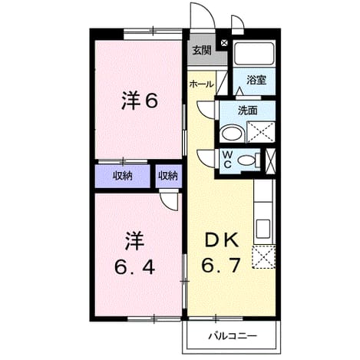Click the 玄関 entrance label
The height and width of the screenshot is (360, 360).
202,51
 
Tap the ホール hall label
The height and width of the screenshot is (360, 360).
202,84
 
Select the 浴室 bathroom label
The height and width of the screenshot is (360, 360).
256,80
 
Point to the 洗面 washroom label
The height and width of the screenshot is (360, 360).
247,111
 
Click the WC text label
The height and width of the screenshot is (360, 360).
227,160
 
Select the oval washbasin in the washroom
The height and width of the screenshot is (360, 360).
232,133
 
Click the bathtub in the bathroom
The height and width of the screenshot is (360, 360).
254,54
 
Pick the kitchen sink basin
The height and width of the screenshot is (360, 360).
263,229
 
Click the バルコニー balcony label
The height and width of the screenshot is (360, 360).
232,335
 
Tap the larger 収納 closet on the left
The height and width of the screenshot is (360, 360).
123,176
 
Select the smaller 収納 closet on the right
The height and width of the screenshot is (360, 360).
168,176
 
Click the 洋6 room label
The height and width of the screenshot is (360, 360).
140,101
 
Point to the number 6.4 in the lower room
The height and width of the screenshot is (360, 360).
134,268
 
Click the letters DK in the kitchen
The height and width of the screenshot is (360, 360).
222,240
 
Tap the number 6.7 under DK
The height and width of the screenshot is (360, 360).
221,265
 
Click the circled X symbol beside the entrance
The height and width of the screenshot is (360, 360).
224,43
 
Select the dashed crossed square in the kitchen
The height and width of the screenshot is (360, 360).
263,256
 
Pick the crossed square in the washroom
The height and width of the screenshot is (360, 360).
260,132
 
